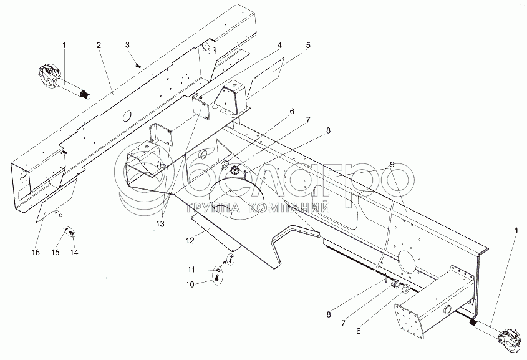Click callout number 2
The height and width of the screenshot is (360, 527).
click(x=99, y=46)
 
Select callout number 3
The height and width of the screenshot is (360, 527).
click(x=127, y=44)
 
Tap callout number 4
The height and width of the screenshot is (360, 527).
click(x=280, y=45)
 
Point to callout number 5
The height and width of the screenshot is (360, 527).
click(x=307, y=45)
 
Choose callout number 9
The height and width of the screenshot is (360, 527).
click(x=391, y=165)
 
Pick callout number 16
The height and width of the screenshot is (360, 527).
click(x=35, y=252)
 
